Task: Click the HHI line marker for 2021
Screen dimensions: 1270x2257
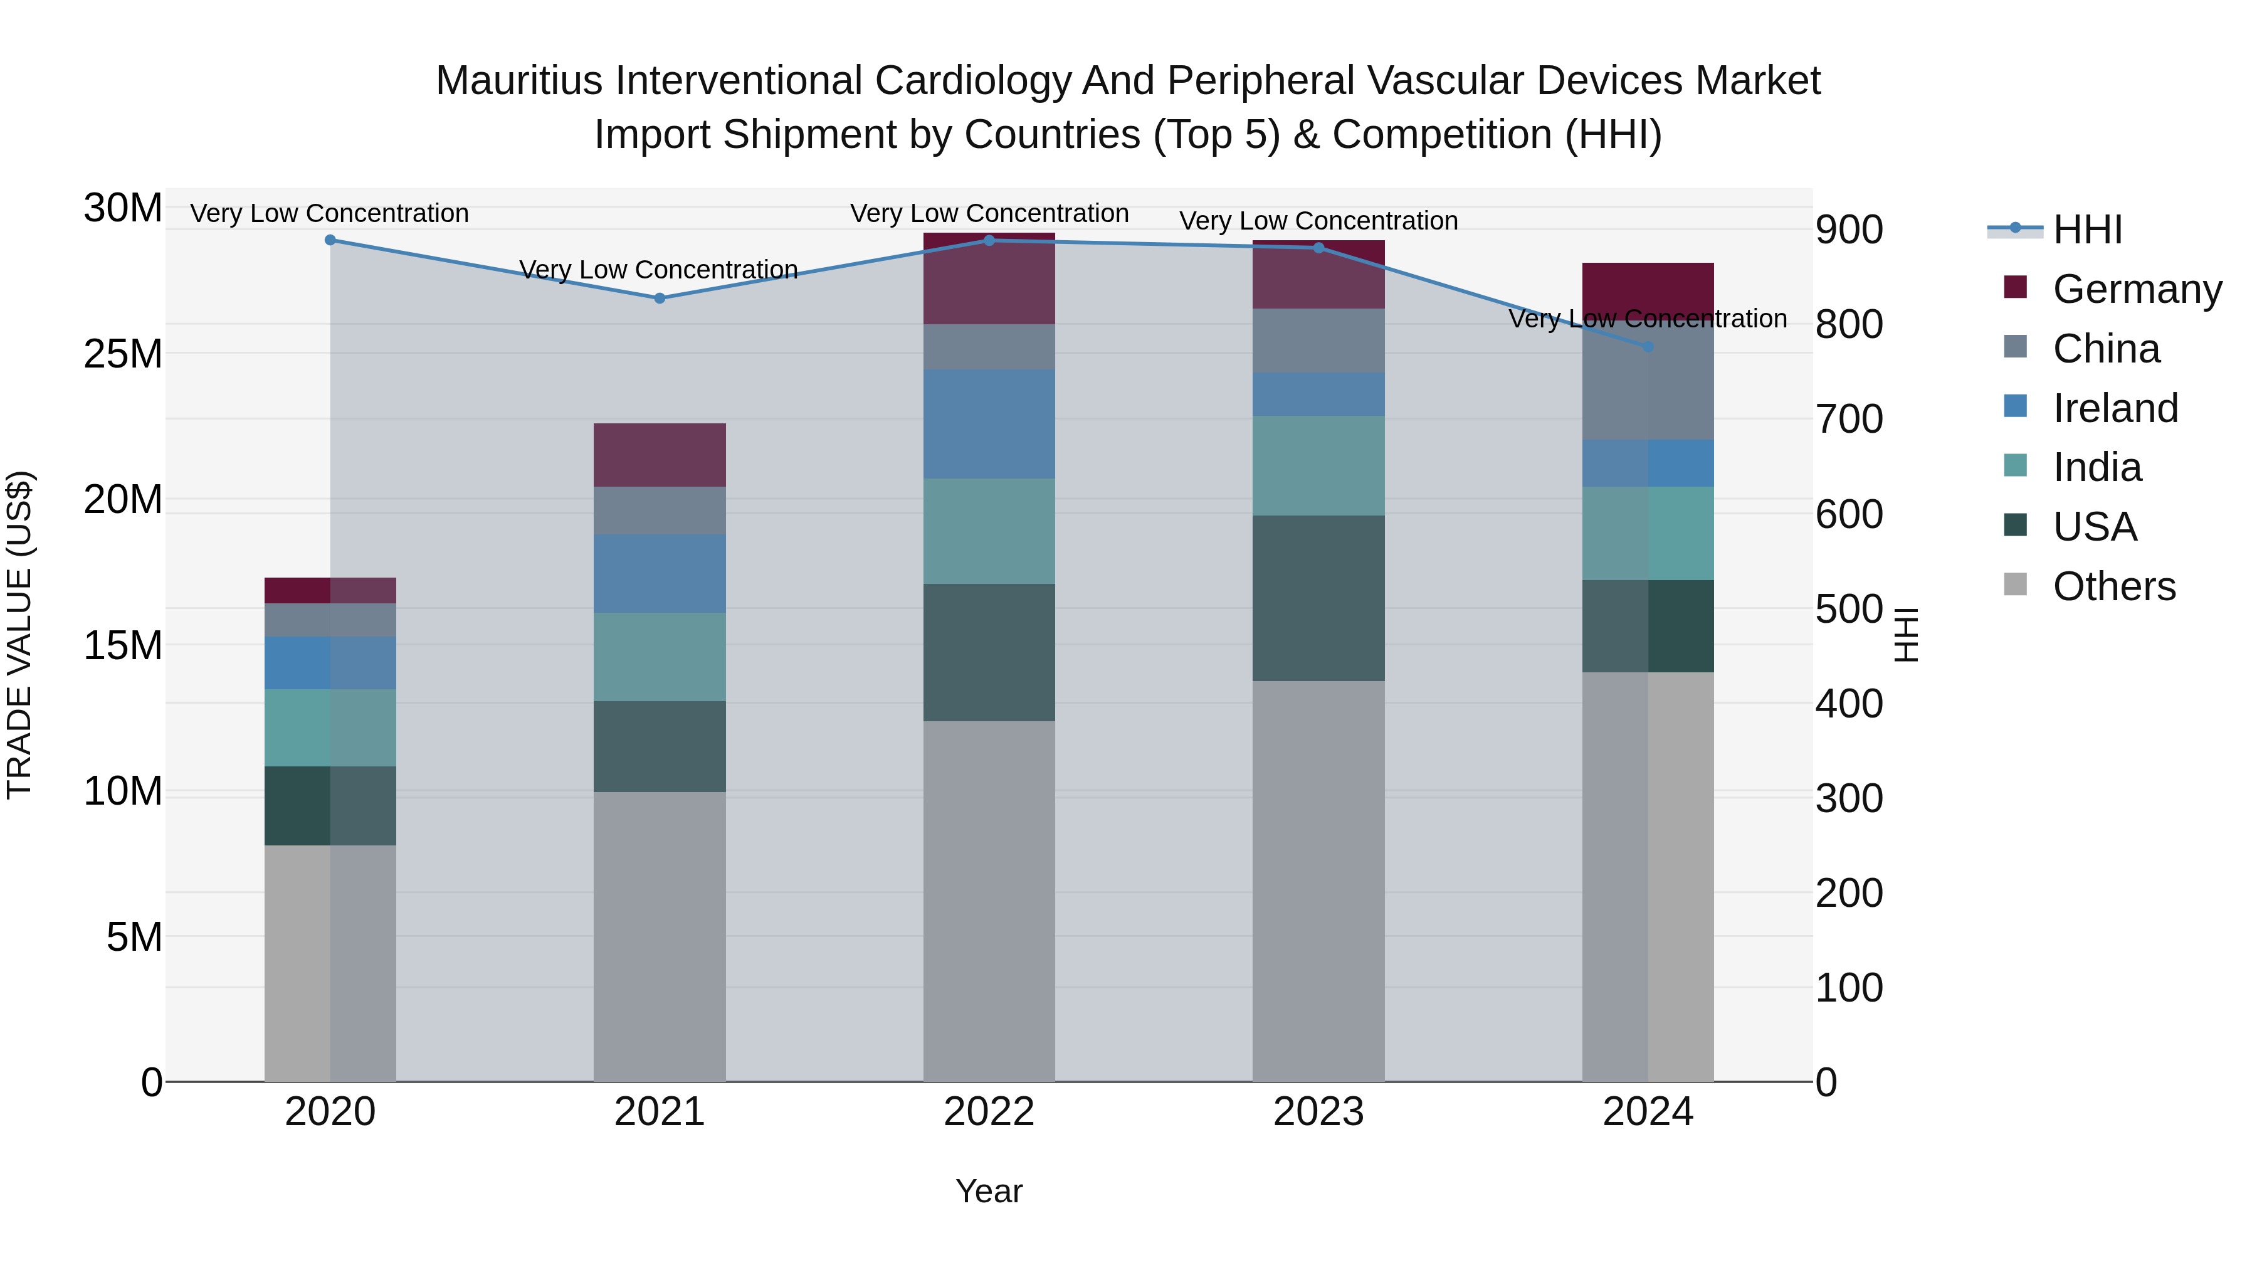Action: tap(660, 298)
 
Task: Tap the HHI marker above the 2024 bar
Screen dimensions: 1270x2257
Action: tap(1647, 347)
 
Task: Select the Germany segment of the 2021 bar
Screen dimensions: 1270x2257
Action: tap(660, 455)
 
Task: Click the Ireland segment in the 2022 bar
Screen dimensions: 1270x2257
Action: tap(989, 423)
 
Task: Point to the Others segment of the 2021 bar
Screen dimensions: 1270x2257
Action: tap(660, 936)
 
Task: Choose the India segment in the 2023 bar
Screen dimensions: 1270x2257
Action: tap(1318, 465)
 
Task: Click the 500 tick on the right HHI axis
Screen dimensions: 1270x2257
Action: tap(1849, 609)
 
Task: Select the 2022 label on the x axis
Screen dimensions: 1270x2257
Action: tap(989, 1112)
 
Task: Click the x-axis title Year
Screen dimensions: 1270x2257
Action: tap(989, 1191)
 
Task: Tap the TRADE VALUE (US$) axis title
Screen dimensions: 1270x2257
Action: tap(19, 635)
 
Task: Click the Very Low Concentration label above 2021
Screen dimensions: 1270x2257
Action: tap(659, 269)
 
